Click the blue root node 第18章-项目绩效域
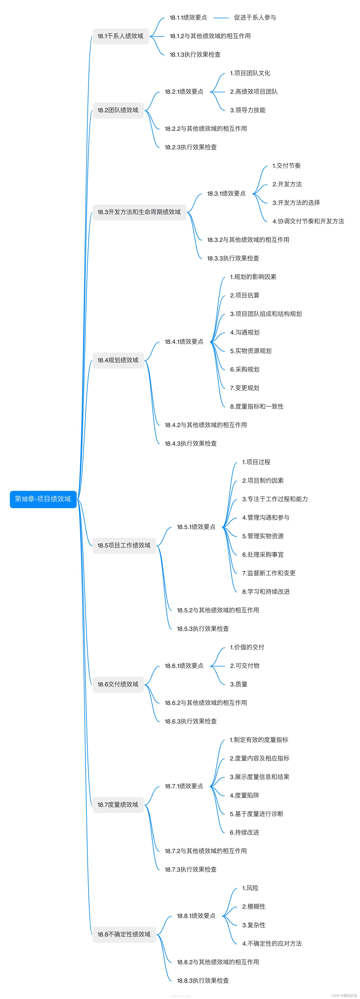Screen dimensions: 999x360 43,499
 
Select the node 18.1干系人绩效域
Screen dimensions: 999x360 120,36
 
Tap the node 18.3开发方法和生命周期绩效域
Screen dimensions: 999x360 139,212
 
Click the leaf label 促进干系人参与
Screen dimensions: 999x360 255,17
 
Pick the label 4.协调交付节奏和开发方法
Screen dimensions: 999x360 308,221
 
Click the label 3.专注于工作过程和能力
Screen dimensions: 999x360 275,499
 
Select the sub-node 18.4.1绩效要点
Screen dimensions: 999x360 184,342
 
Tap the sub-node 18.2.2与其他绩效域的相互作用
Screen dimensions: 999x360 206,129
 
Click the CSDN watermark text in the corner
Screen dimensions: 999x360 344,995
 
